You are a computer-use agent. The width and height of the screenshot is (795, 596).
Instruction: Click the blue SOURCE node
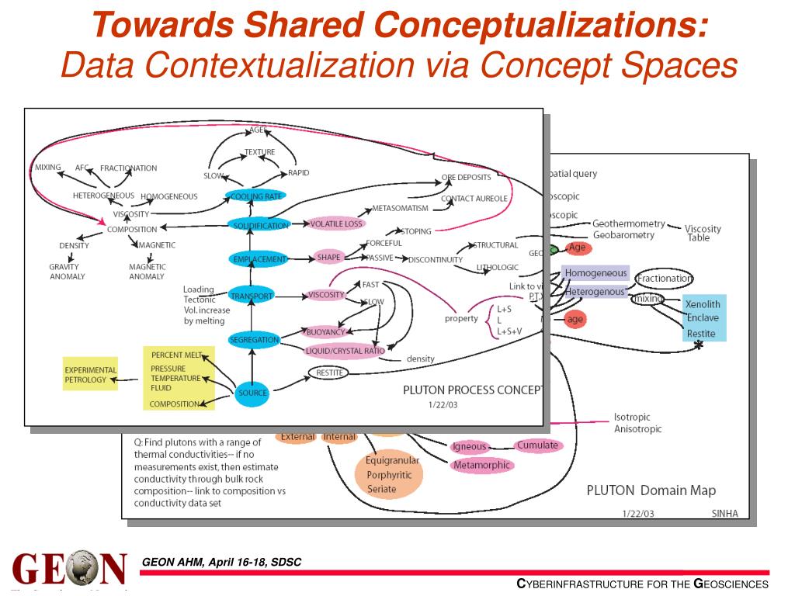[x=253, y=393]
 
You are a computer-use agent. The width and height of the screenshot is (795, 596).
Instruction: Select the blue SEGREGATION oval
[x=253, y=340]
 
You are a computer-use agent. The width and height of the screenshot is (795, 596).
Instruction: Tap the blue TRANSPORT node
[x=251, y=296]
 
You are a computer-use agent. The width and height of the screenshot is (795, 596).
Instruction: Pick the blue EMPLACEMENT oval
[x=258, y=259]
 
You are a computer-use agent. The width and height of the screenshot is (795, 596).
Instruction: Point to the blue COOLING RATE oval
[x=256, y=196]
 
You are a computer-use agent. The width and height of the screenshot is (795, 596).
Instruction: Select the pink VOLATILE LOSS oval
[x=336, y=224]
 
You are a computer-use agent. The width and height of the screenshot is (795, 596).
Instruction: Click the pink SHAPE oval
[x=328, y=258]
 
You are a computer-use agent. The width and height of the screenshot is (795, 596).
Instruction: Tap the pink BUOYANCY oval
[x=325, y=332]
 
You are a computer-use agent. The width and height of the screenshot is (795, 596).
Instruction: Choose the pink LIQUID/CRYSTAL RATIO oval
[x=345, y=351]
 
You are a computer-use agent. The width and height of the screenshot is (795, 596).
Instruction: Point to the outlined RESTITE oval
[x=327, y=372]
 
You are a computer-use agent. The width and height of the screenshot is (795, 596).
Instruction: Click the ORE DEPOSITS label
[x=466, y=177]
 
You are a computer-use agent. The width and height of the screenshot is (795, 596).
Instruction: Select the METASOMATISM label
[x=400, y=208]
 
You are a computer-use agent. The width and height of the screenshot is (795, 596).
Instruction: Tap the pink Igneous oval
[x=469, y=446]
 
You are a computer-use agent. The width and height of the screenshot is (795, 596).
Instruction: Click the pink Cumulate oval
[x=537, y=445]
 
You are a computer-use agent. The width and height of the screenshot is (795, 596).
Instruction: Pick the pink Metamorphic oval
[x=481, y=465]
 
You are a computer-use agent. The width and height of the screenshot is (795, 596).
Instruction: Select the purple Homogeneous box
[x=595, y=273]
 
